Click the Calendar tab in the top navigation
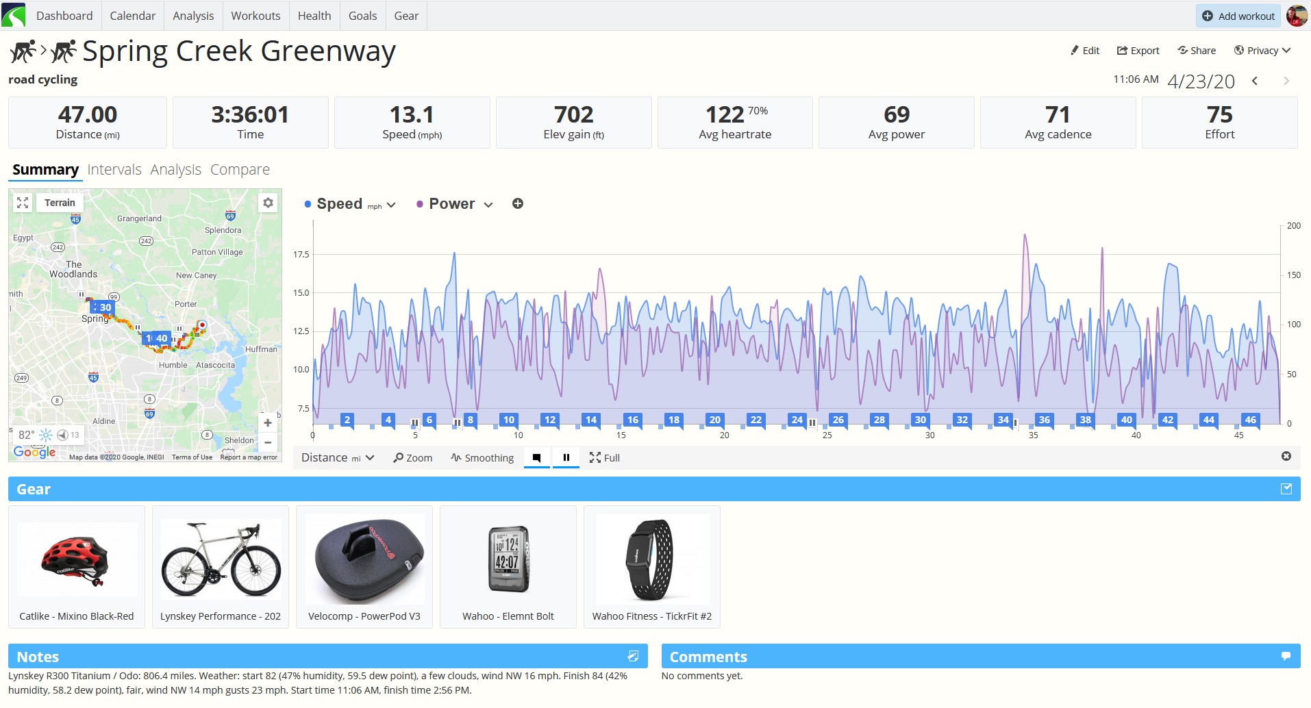click(x=132, y=16)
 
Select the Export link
click(x=1138, y=51)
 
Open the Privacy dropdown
click(x=1262, y=51)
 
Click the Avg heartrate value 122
click(x=725, y=114)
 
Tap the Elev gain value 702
click(x=573, y=114)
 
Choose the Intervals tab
click(x=114, y=170)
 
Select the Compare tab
click(x=240, y=170)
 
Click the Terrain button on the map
click(x=60, y=203)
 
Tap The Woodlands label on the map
click(x=73, y=269)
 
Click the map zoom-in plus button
click(x=268, y=423)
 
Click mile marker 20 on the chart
click(x=714, y=420)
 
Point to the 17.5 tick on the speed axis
click(x=301, y=255)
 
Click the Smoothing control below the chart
click(x=482, y=458)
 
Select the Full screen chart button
click(x=604, y=458)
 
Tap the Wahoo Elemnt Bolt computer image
click(x=508, y=559)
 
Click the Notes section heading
click(x=38, y=657)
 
